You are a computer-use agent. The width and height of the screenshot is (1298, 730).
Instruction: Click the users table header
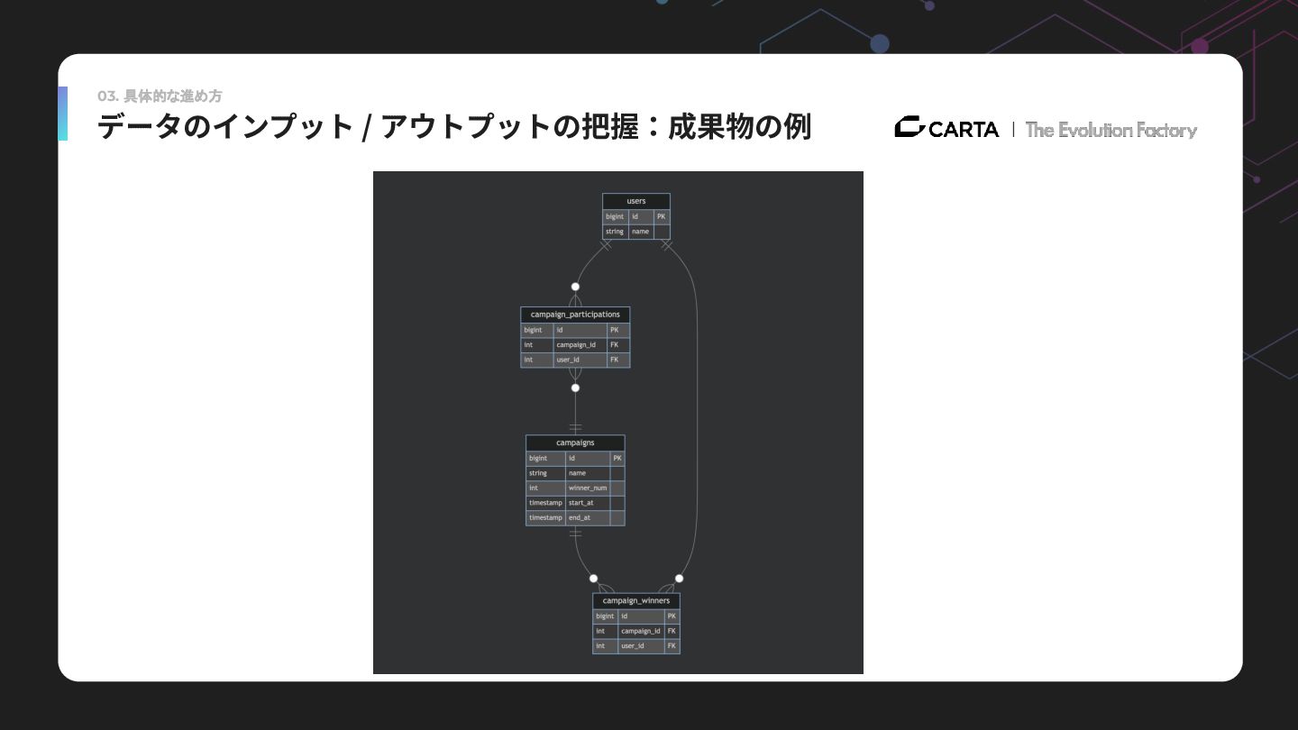[x=635, y=201]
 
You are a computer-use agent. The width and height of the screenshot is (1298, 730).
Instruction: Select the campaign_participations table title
[x=575, y=315]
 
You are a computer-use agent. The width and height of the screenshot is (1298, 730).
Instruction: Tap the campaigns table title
[x=575, y=443]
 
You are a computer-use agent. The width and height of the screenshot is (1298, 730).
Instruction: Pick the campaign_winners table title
[x=635, y=600]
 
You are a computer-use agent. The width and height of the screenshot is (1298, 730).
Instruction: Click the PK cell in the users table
[x=662, y=216]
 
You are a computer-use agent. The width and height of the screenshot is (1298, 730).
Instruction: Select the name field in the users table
[x=640, y=232]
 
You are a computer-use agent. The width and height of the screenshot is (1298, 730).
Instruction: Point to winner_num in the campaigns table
[x=587, y=488]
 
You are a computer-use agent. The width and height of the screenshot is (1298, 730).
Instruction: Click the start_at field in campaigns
[x=580, y=503]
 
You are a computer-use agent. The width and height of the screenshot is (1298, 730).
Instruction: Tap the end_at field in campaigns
[x=579, y=518]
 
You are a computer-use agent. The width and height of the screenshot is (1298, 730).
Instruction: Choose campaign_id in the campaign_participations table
[x=576, y=345]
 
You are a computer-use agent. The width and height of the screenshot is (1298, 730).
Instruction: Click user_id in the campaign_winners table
[x=632, y=646]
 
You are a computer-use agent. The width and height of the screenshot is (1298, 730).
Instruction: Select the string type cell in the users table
[x=615, y=232]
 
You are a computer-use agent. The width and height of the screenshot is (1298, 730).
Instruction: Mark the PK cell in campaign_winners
[x=672, y=616]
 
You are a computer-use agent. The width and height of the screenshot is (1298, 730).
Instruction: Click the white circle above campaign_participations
[x=575, y=287]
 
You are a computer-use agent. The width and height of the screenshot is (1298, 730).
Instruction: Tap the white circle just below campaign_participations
[x=575, y=388]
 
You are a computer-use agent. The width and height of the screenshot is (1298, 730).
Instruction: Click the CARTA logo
[x=946, y=129]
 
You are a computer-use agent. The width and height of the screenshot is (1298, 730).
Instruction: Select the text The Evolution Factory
[x=1111, y=130]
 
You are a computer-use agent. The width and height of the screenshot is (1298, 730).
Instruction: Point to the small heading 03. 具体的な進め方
[x=160, y=96]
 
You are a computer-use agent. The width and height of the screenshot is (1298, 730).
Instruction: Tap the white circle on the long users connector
[x=679, y=579]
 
